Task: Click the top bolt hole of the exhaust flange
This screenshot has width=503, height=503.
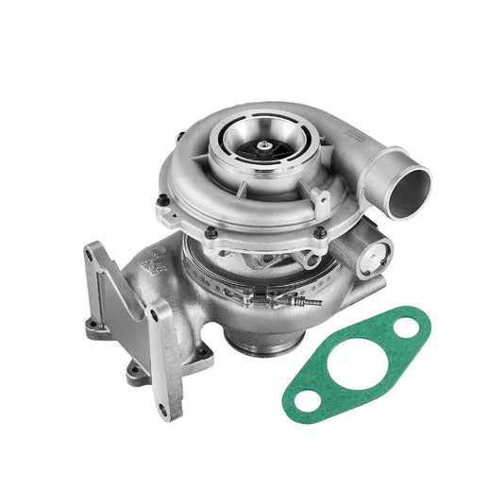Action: point(97,252)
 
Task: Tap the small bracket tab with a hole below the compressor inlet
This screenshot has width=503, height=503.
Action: point(320,198)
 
